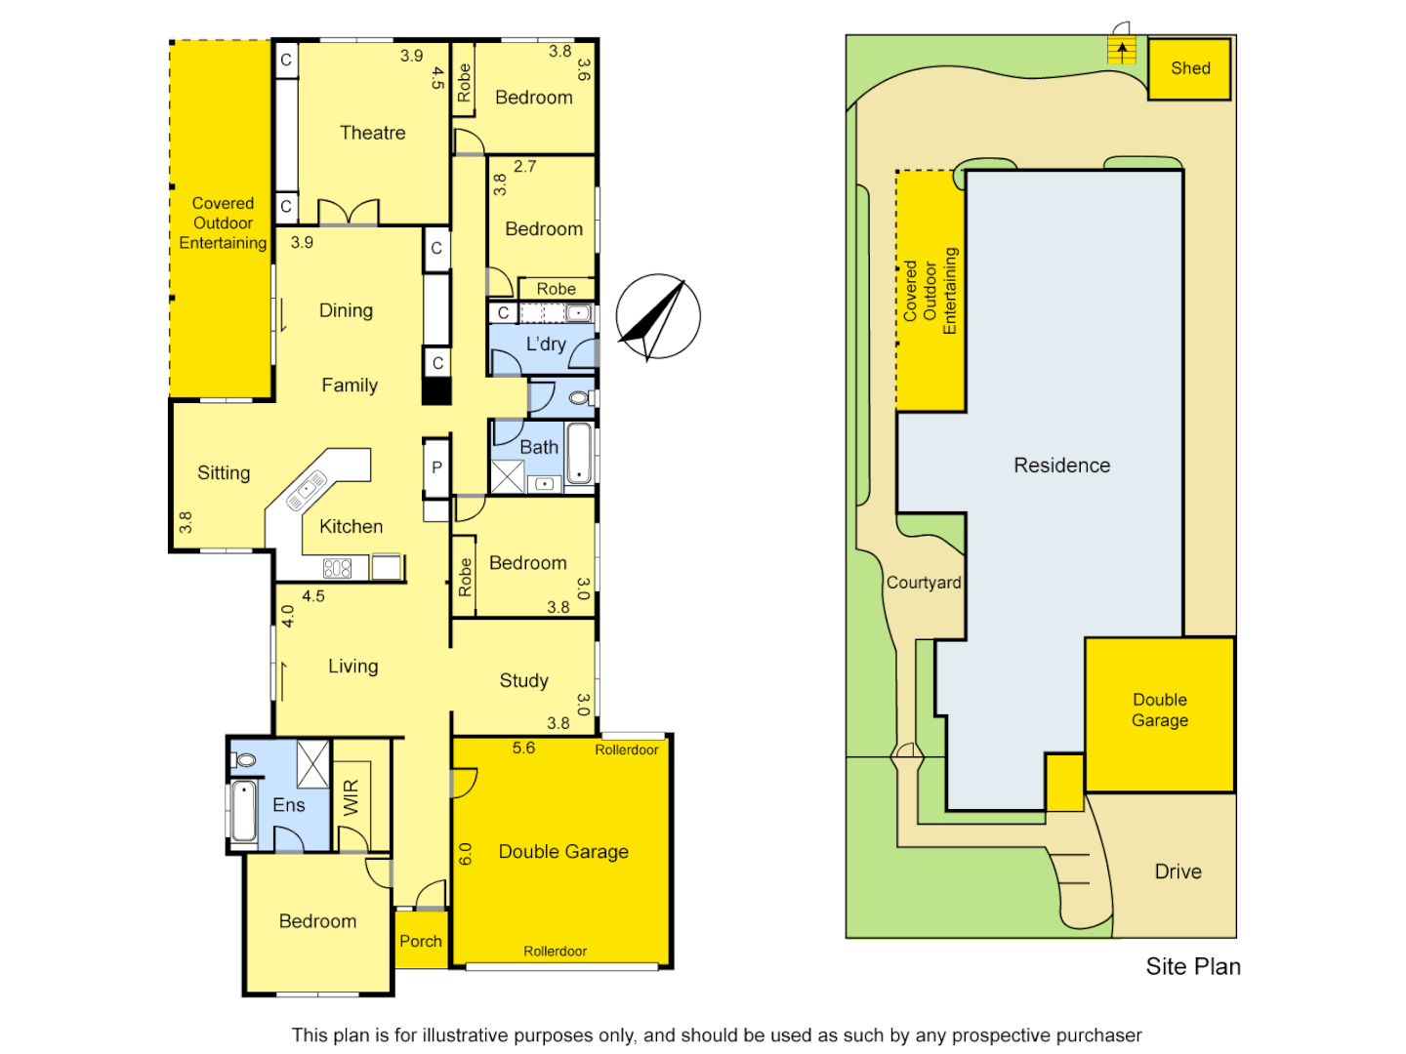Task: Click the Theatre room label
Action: pos(372,133)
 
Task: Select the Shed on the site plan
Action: pos(1189,68)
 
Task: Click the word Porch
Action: pos(421,941)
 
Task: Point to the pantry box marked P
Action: pos(436,467)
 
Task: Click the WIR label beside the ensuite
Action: pos(351,797)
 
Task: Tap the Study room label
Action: pos(523,680)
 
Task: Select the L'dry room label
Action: pos(545,344)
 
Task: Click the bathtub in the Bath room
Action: pos(579,453)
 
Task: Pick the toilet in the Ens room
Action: pos(244,759)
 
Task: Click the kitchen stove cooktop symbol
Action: pos(337,567)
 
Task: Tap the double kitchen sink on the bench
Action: pos(307,490)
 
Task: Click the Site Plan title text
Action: pos(1193,966)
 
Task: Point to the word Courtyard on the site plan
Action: pos(924,583)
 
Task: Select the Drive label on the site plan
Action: pos(1178,872)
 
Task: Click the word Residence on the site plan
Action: pos(1061,466)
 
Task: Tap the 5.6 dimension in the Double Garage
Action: pos(523,748)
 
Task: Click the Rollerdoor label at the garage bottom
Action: pos(555,951)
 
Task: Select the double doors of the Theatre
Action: pos(349,213)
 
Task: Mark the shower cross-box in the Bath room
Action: pos(507,476)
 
